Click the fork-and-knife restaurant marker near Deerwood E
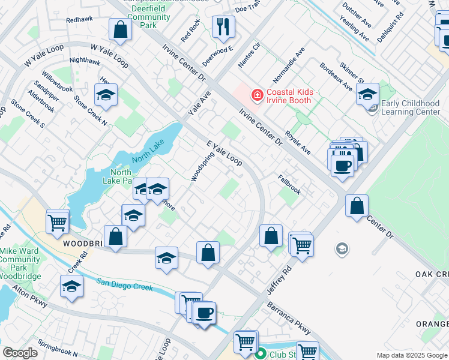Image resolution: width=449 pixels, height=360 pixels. coord(223,27)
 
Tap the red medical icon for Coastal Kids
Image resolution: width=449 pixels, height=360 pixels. coord(257,95)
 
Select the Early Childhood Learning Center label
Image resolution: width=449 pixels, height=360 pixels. coord(411,107)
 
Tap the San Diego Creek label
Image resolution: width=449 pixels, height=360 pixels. coord(125,286)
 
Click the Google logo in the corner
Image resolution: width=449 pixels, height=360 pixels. coord(20,353)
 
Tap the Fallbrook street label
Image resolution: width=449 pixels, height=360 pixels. coord(289,184)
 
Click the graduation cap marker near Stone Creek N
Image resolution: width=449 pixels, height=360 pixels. coord(106,95)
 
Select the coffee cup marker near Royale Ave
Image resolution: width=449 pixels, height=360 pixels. coord(342,165)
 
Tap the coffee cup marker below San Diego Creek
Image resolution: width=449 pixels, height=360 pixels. coord(204,313)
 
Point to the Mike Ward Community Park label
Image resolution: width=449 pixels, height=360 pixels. coord(20,260)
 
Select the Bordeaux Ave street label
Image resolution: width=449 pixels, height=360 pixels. coord(336,77)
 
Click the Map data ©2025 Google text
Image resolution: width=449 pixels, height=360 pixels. coord(411,355)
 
